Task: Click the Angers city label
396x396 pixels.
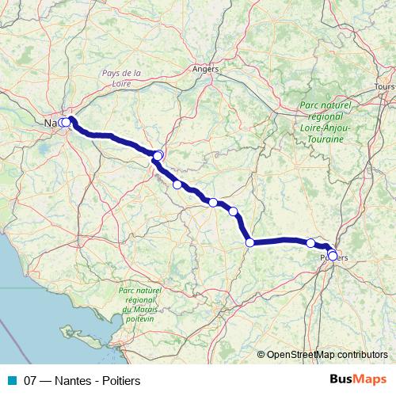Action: click(x=205, y=69)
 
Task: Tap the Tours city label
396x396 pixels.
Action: click(x=384, y=86)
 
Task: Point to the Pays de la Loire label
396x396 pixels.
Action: click(x=122, y=78)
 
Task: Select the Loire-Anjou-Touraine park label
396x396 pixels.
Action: click(x=322, y=122)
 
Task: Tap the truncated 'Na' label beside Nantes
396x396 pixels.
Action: click(x=49, y=123)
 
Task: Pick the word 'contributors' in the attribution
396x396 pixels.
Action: click(x=362, y=355)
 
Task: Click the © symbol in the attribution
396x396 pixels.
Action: click(x=261, y=355)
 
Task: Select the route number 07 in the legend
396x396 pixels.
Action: click(x=30, y=379)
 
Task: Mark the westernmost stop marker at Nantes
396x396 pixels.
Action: click(x=62, y=122)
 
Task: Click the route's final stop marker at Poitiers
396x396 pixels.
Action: click(x=333, y=256)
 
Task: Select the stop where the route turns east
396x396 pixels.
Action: click(x=249, y=242)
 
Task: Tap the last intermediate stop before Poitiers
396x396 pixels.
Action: click(x=311, y=243)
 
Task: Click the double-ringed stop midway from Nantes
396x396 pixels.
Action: click(x=158, y=155)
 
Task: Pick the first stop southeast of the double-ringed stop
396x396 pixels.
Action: click(x=177, y=185)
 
